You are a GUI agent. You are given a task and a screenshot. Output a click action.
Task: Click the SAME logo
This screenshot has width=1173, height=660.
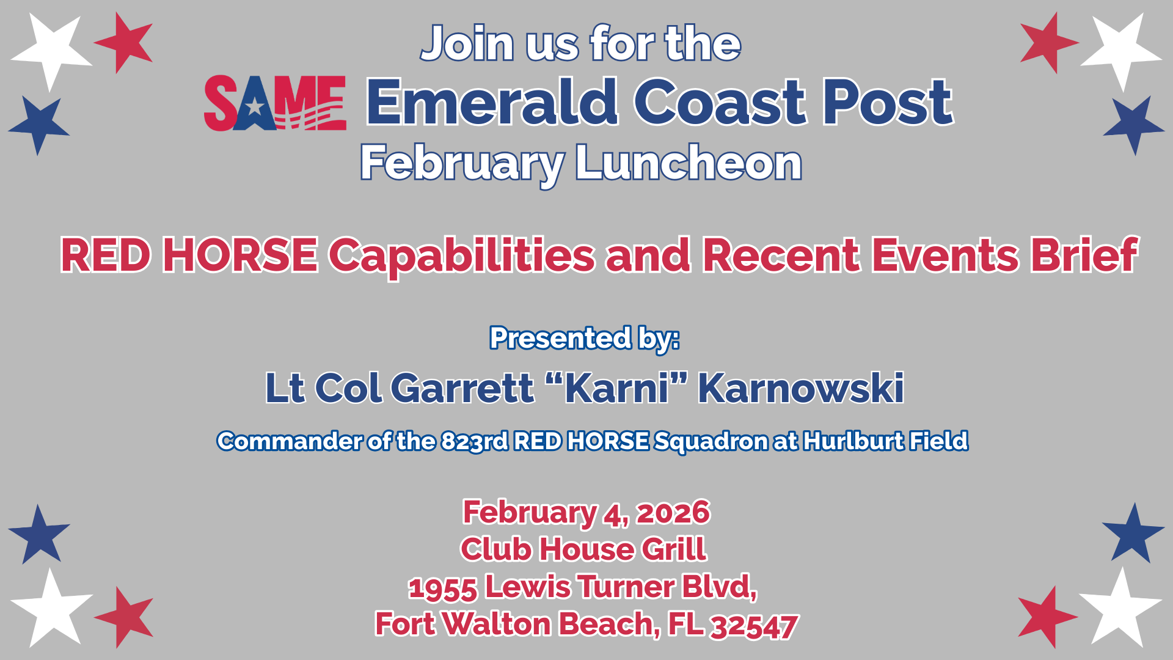(275, 103)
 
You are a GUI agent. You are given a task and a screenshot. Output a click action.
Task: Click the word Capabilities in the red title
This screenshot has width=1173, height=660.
(462, 256)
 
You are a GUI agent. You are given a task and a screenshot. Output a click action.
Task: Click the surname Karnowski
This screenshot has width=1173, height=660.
(801, 388)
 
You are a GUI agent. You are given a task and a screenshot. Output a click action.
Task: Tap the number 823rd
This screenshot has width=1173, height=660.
(474, 441)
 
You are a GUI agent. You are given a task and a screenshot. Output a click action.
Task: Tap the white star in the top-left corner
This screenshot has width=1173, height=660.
(52, 49)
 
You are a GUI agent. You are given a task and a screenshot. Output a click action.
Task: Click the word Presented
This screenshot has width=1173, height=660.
(560, 338)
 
